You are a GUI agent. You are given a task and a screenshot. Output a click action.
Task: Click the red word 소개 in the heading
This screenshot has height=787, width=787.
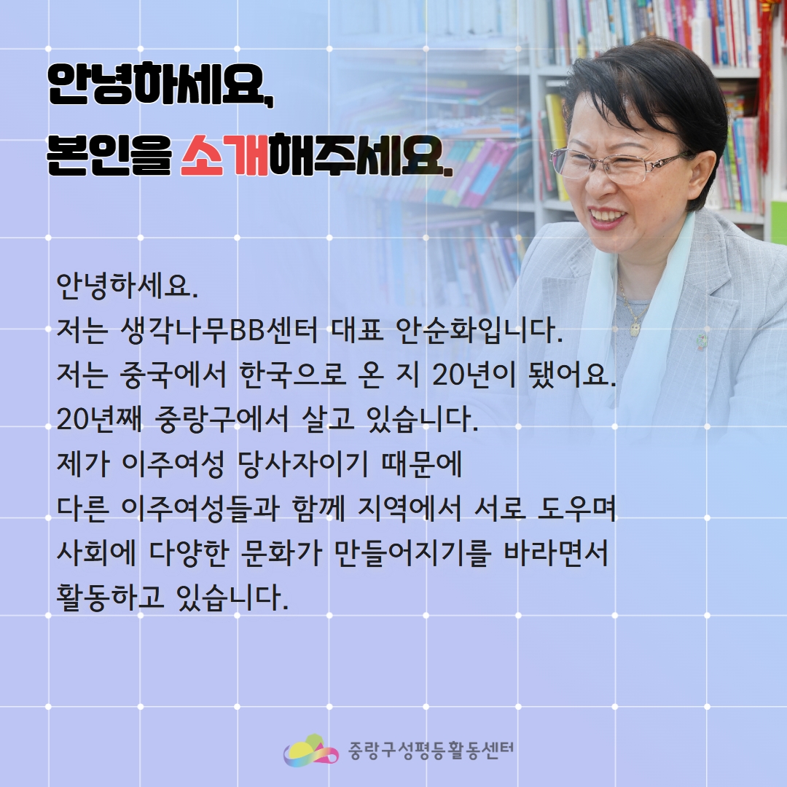click(224, 156)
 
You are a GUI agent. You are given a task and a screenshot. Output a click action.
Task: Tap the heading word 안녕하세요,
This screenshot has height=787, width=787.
click(160, 85)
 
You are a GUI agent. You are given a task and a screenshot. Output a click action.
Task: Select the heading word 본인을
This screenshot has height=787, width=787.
click(109, 156)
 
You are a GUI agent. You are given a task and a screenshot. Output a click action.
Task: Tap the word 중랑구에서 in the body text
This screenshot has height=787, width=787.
click(222, 419)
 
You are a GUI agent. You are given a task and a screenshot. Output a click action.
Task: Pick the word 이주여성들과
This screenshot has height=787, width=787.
click(200, 509)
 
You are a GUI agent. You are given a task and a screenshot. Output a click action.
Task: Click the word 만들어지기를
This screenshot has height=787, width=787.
click(412, 552)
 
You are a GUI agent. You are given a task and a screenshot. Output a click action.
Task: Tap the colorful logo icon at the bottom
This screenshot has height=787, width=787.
click(310, 751)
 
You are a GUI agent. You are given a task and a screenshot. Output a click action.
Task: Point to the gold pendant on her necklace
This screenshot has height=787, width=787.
click(635, 328)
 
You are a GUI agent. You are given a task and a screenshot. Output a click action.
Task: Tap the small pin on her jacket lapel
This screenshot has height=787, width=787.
click(701, 342)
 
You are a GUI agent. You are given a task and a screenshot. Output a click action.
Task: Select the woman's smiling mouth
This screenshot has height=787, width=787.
click(608, 219)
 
